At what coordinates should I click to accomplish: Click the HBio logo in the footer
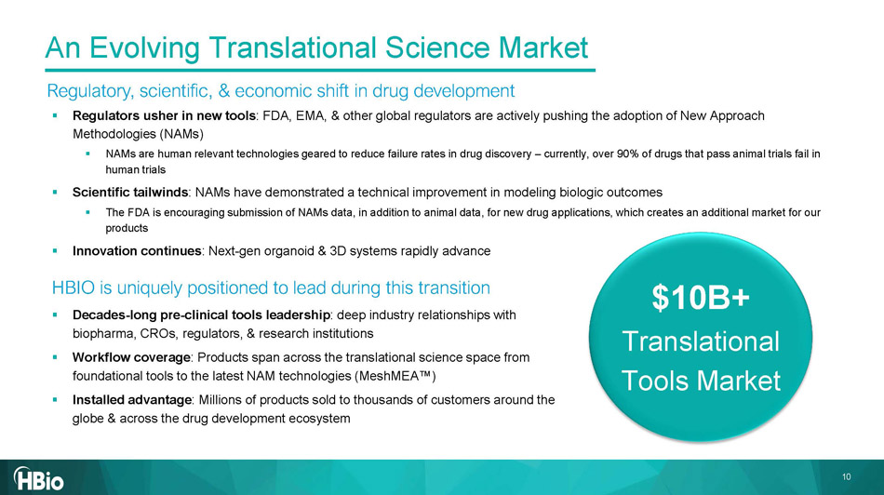(x=38, y=478)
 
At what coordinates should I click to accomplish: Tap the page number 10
(x=846, y=477)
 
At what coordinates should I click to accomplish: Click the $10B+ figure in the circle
(x=701, y=297)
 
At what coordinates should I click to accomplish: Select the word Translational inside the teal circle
(x=701, y=341)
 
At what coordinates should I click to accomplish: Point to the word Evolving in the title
(x=144, y=47)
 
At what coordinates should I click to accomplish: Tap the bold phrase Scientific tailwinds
(x=130, y=193)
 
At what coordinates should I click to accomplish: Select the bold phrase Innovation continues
(x=137, y=251)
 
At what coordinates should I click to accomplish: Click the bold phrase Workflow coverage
(x=131, y=357)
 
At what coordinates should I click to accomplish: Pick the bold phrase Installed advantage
(x=132, y=400)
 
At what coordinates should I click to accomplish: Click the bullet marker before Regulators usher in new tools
(x=55, y=115)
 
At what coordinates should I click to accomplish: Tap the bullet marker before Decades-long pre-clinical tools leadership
(x=55, y=314)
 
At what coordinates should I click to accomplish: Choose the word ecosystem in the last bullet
(x=321, y=419)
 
